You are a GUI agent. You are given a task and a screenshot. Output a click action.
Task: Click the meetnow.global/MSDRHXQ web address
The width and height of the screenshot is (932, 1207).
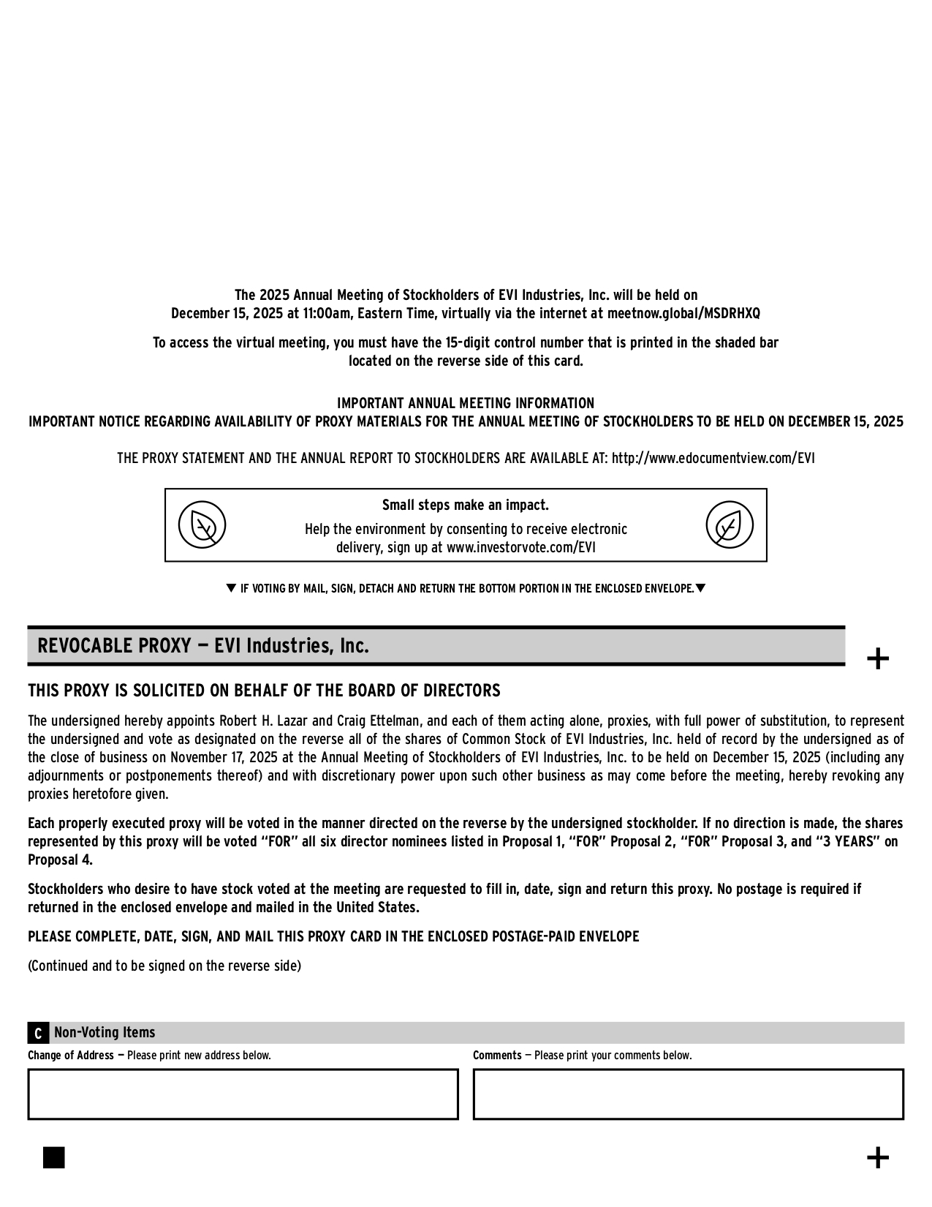[683, 314]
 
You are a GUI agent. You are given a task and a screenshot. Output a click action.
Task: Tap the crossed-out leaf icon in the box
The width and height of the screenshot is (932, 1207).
[202, 525]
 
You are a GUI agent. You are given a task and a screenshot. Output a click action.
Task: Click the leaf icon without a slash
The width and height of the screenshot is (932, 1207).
[729, 525]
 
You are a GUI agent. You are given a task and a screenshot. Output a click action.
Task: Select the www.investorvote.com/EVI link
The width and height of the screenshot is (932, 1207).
[521, 548]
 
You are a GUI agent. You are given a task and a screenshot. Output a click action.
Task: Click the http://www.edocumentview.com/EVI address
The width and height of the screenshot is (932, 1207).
[713, 459]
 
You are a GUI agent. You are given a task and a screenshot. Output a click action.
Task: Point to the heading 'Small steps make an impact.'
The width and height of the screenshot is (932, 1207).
[466, 505]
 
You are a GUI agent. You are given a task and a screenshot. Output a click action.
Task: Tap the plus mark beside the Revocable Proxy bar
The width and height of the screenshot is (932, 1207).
[877, 659]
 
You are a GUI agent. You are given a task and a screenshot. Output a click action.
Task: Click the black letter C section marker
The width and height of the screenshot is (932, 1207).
[38, 1034]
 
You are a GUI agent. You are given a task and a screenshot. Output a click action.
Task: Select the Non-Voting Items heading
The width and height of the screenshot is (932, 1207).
[105, 1033]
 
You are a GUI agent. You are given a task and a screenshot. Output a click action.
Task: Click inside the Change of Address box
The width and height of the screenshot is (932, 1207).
[243, 1094]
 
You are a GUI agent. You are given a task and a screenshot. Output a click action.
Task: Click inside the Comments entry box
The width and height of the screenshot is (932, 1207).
[688, 1094]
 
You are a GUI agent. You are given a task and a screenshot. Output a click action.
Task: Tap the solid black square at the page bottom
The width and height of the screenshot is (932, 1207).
[54, 1158]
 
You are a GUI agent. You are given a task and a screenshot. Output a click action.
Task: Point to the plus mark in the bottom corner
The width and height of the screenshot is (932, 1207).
[877, 1158]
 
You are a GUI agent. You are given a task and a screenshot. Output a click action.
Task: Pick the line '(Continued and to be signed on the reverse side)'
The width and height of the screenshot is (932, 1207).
[164, 966]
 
